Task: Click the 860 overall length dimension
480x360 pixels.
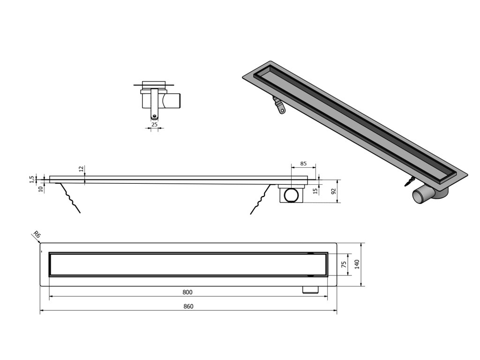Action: coord(188,306)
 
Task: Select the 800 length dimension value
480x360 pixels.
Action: coord(187,292)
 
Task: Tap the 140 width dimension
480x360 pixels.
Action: coord(357,265)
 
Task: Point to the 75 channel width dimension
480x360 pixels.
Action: coord(344,265)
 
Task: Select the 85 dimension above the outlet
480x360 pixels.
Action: coord(303,164)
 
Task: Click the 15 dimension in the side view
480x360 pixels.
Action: coord(315,191)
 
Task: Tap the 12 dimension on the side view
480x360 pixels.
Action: coord(81,169)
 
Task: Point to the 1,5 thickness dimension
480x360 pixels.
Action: coord(31,179)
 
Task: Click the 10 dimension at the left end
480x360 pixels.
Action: coord(41,188)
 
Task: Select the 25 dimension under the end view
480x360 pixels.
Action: coord(154,125)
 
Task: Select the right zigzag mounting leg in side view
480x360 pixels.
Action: coord(261,200)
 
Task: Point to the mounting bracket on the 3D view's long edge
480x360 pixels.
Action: coord(279,106)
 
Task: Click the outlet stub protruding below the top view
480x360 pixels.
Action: coord(310,290)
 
